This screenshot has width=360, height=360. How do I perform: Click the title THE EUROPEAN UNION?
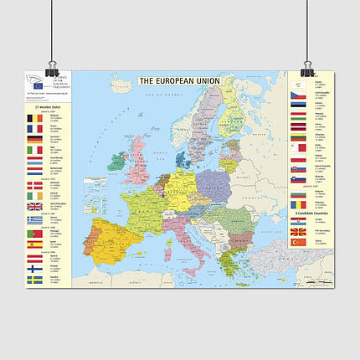click(x=178, y=81)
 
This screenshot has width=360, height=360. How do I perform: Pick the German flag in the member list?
click(x=34, y=140)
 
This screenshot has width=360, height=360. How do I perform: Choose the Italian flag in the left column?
click(x=34, y=151)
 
